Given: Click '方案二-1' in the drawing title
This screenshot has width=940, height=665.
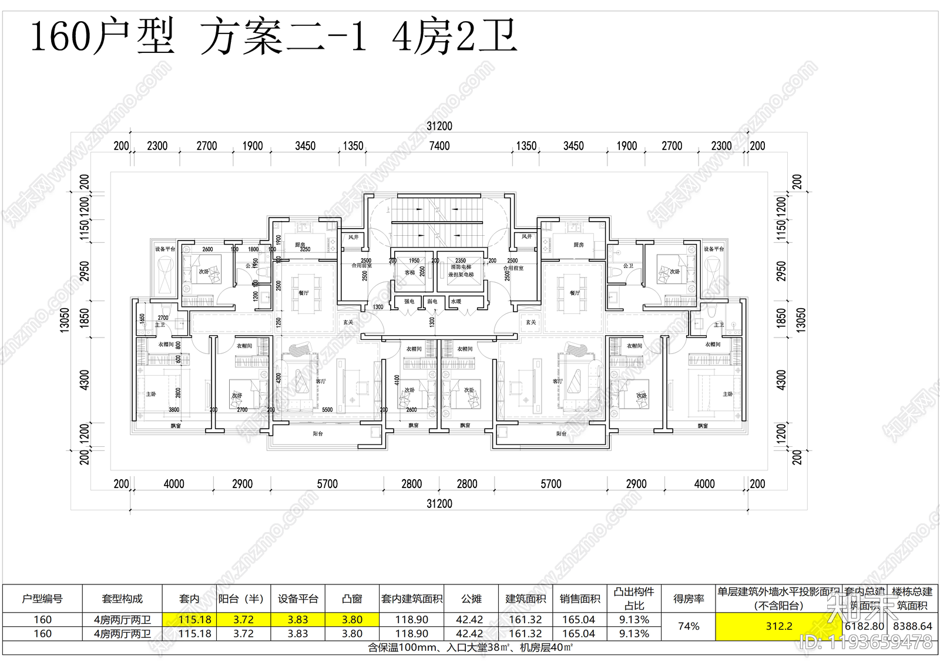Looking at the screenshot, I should (x=284, y=36).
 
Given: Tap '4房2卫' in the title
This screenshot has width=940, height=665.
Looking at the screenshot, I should (x=454, y=36).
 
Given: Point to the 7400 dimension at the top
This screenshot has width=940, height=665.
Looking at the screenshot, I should (x=439, y=146).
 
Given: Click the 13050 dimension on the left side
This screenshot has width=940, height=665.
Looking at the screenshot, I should (x=65, y=320).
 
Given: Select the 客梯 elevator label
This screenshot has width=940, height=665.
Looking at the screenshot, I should (x=410, y=272).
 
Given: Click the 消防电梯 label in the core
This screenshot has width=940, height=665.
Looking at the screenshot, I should (x=461, y=267).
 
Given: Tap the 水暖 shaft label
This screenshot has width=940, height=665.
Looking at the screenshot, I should (x=456, y=302).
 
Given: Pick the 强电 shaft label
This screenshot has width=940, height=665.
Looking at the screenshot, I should (x=409, y=302).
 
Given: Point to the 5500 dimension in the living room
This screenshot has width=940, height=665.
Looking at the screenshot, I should (x=327, y=410).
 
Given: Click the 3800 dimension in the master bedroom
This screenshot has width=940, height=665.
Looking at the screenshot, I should (x=174, y=410).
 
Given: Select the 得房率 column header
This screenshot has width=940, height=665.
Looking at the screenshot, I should (x=689, y=599).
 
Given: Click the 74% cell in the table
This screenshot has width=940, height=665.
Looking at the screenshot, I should (x=689, y=627).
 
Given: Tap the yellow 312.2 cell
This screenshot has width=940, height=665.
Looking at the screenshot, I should (x=778, y=627).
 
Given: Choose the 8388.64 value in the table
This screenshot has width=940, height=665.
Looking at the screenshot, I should (x=912, y=627).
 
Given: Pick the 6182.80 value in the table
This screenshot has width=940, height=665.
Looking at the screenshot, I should (x=864, y=627).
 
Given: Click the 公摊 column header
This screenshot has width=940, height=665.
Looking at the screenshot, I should (x=471, y=599).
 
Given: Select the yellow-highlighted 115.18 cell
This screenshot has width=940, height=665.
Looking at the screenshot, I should (x=195, y=620).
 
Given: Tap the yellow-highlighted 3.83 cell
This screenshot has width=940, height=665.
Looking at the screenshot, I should (x=298, y=620).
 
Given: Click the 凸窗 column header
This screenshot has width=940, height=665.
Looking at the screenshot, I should (x=352, y=599).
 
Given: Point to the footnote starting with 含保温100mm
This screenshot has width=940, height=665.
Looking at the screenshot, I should (x=470, y=648).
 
